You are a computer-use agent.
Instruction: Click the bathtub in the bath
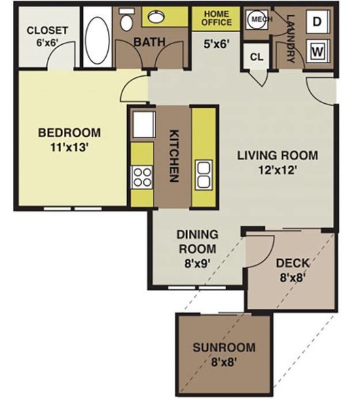click(97, 38)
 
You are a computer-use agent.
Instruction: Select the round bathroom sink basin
click(156, 17)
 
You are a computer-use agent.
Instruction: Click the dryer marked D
click(317, 22)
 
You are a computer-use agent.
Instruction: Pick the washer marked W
click(317, 52)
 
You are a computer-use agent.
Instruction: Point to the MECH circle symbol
click(257, 19)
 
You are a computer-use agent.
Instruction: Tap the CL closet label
click(256, 57)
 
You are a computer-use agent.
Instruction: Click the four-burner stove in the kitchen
click(142, 177)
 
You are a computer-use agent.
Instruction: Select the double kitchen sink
click(204, 175)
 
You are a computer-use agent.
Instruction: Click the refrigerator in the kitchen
click(144, 124)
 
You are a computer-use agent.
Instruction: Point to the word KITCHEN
click(174, 156)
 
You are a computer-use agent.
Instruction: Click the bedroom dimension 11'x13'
click(69, 147)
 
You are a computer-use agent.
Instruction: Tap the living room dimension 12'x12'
click(277, 170)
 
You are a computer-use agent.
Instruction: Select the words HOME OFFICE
click(217, 18)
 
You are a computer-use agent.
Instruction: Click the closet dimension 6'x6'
click(48, 43)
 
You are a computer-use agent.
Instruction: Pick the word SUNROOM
click(224, 347)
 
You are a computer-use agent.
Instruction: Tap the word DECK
click(293, 263)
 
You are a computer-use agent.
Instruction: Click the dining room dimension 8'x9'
click(198, 263)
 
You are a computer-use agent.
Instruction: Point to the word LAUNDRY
click(291, 39)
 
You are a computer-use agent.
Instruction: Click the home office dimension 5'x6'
click(215, 44)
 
